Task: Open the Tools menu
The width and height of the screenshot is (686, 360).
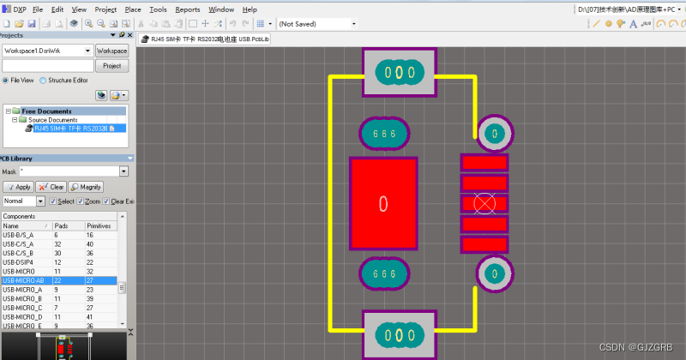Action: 158,9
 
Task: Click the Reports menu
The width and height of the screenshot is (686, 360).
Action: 187,9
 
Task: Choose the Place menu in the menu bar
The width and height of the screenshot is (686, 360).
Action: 133,9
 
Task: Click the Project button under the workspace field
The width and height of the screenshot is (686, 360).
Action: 111,65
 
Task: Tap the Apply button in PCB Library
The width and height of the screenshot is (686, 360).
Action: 18,186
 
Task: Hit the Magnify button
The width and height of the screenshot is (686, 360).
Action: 86,186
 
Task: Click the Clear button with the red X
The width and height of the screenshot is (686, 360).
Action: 51,186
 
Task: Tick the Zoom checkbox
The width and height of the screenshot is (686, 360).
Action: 80,201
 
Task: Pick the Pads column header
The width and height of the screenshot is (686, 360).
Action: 61,225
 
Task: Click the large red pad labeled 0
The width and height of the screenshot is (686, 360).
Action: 382,203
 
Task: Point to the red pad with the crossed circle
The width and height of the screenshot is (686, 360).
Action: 484,203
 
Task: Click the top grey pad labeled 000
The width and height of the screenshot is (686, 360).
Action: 400,72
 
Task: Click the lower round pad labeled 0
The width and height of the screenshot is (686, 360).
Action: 494,273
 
